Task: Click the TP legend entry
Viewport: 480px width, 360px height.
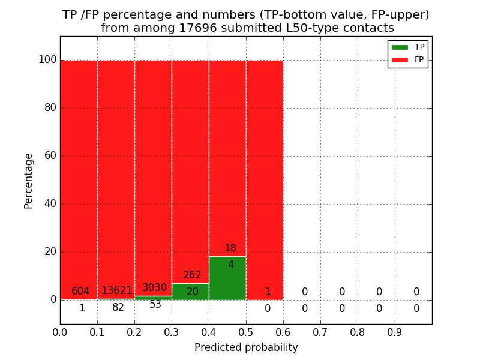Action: click(407, 47)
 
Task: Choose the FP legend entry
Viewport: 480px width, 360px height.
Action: click(407, 59)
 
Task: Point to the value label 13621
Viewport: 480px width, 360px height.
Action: click(116, 291)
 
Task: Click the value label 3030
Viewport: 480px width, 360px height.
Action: click(154, 288)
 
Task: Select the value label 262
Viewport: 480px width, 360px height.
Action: click(192, 275)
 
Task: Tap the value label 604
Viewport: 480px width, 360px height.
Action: click(80, 292)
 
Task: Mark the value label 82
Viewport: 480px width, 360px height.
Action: click(118, 308)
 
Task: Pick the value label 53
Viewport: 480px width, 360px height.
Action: click(155, 305)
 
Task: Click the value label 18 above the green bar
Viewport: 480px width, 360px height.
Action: click(230, 248)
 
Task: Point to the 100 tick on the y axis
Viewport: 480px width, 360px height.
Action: click(47, 60)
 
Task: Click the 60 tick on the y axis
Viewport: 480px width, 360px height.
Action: click(50, 156)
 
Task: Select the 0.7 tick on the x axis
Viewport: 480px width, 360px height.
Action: click(320, 331)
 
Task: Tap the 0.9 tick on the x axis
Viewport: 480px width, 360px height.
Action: click(395, 331)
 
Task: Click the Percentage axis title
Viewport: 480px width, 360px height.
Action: click(28, 181)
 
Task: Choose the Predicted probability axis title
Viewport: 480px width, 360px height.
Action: click(246, 348)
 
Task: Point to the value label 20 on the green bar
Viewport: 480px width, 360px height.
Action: click(193, 292)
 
